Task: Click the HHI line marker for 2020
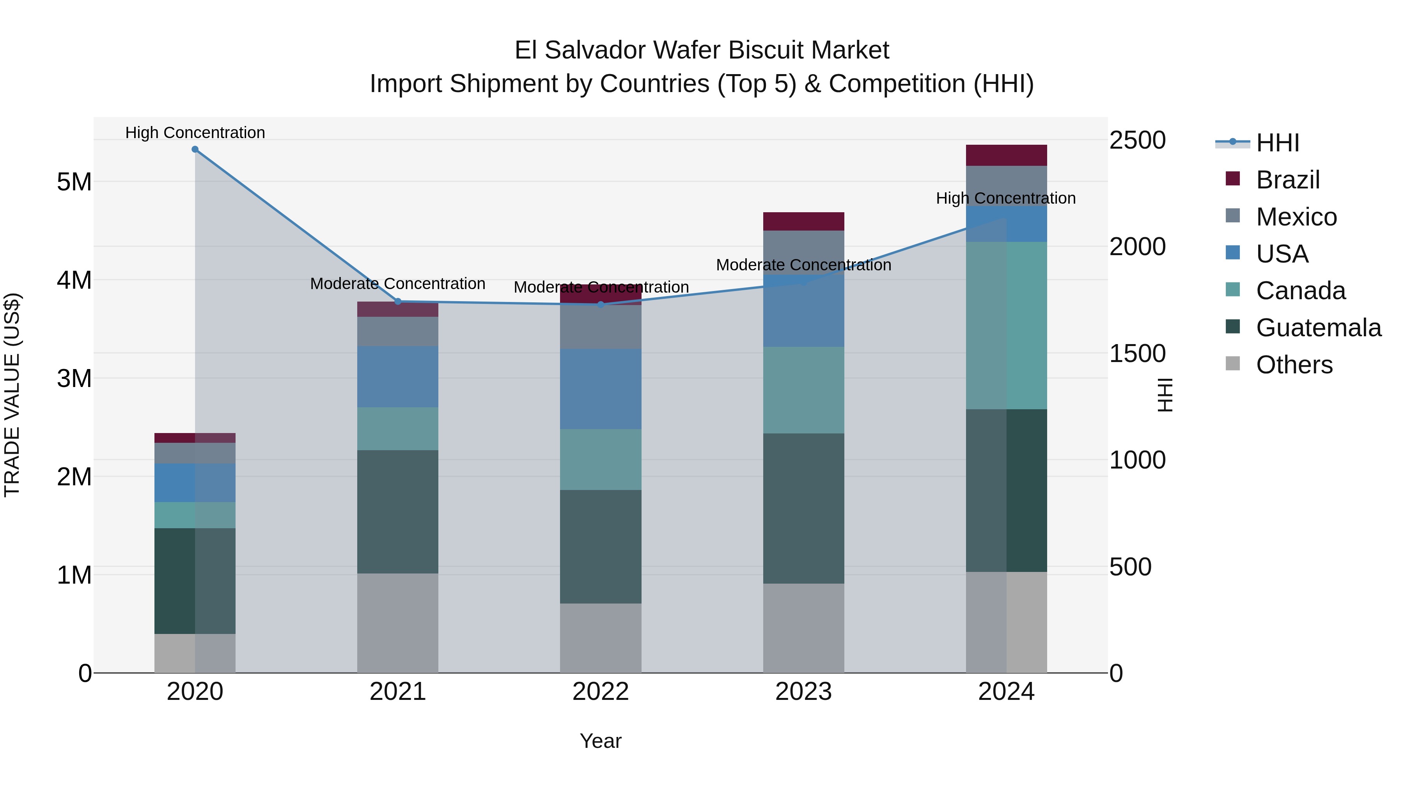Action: point(195,149)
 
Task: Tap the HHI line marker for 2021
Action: point(398,302)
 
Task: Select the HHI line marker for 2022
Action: point(601,304)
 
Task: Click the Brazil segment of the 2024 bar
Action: point(1006,155)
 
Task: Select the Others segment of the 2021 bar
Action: point(398,623)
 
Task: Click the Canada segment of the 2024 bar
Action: point(1006,325)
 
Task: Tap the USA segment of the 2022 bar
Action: point(601,389)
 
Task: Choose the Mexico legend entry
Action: point(1296,217)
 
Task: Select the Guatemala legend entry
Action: point(1318,328)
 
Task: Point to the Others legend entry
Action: point(1294,365)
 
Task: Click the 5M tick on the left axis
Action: point(74,182)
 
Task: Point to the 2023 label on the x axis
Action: point(803,692)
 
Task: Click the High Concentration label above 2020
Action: point(195,133)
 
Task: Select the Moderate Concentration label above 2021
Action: point(398,284)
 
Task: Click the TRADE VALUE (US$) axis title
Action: point(12,395)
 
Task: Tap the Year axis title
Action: point(601,741)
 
